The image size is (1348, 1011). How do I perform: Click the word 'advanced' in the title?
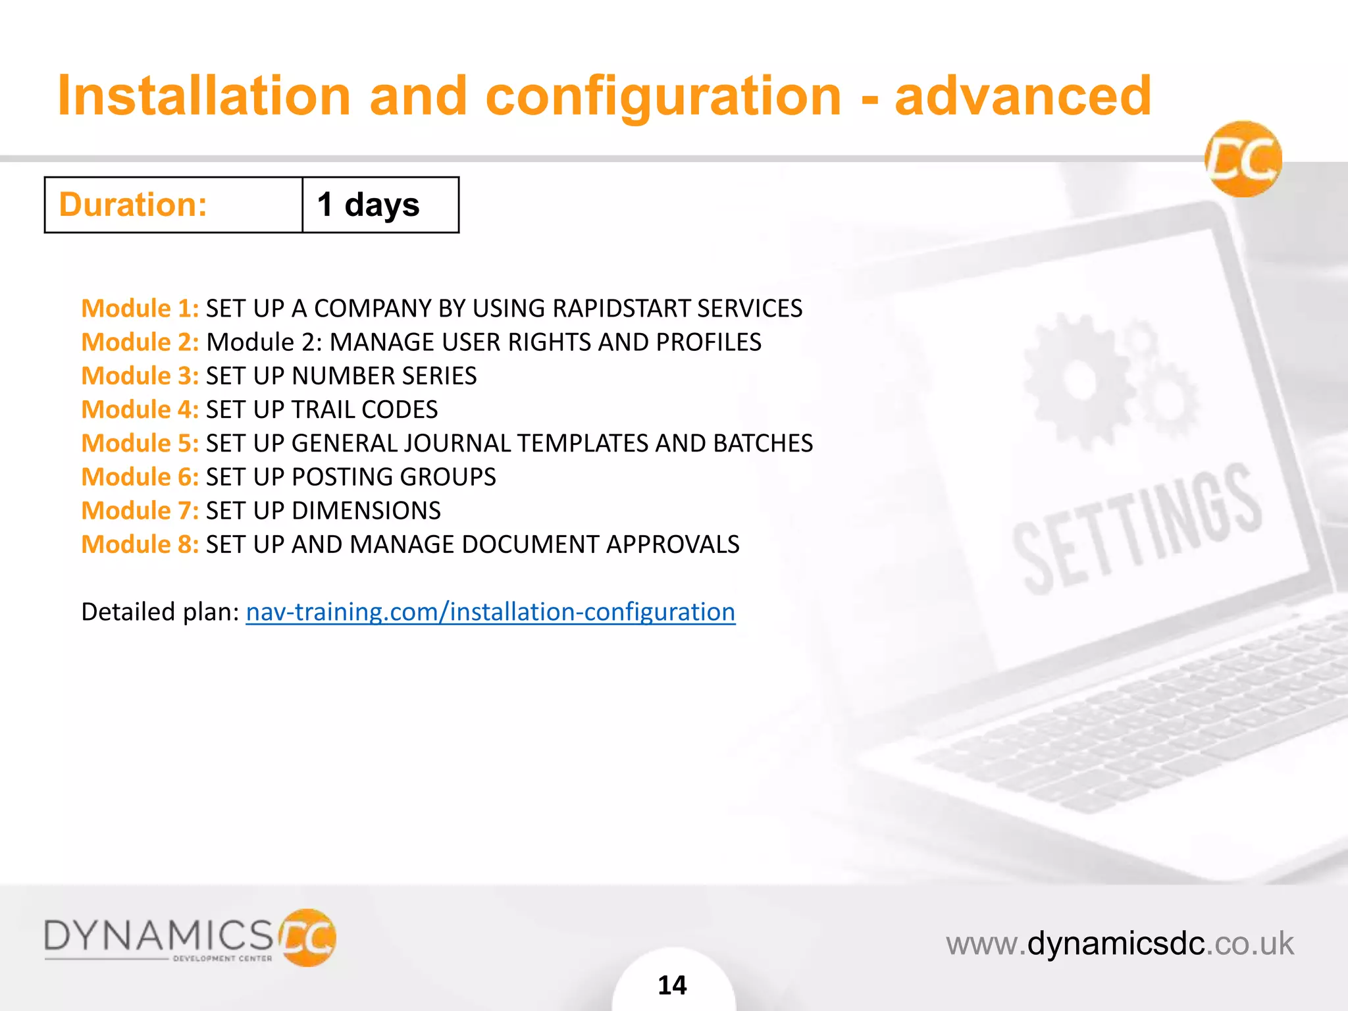tap(1023, 96)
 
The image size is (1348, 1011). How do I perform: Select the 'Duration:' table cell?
tap(173, 205)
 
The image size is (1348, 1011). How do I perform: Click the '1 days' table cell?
tap(380, 205)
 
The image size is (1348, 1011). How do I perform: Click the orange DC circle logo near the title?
tap(1243, 159)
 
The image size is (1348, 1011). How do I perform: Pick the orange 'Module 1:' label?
tap(140, 308)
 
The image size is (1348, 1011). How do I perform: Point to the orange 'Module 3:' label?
tap(140, 376)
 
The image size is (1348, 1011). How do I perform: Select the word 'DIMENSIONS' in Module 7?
tap(366, 511)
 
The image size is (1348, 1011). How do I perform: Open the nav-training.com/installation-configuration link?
tap(490, 612)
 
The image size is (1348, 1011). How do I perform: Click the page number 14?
tap(672, 985)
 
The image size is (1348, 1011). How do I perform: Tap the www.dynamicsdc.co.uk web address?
tap(1120, 943)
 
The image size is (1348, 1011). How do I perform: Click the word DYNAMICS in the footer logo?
tap(158, 935)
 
